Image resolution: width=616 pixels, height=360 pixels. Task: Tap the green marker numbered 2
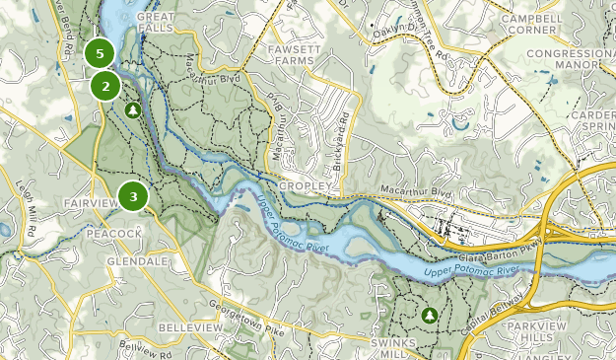(105, 86)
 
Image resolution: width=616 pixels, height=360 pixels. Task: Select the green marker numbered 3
(133, 197)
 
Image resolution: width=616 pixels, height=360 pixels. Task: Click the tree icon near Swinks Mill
(429, 315)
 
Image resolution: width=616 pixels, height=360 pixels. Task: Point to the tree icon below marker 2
(131, 111)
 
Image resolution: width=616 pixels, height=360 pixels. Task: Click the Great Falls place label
(156, 23)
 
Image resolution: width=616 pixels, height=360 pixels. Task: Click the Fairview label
(90, 202)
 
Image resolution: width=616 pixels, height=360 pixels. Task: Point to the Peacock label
(114, 233)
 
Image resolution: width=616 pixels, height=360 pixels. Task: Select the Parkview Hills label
(578, 328)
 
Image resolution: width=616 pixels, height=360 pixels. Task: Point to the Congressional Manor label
(570, 59)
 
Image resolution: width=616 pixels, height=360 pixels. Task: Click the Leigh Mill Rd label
(25, 208)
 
